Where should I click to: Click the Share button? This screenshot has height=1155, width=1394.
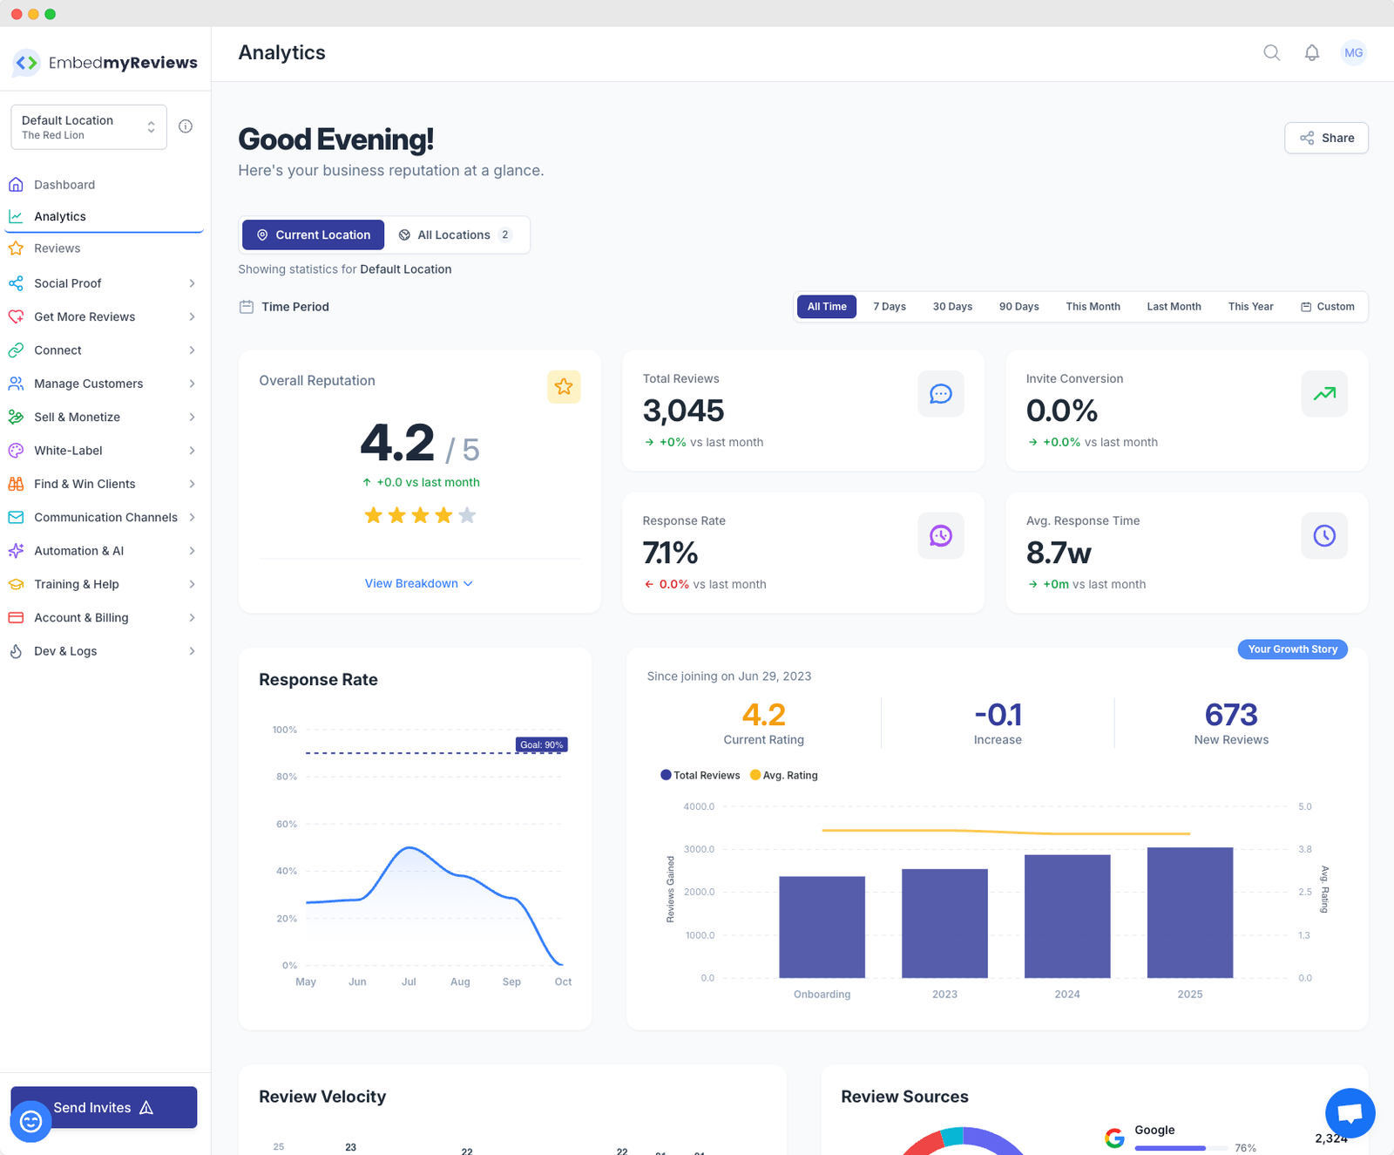[x=1326, y=138]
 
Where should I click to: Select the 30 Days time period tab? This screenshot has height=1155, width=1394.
[x=952, y=307]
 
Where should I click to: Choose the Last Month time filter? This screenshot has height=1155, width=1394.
[x=1174, y=307]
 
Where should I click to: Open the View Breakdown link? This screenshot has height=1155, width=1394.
[x=418, y=583]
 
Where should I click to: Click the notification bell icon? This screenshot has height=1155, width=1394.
[x=1311, y=53]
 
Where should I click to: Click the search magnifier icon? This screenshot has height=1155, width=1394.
[x=1271, y=53]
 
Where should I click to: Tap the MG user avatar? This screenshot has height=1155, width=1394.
[x=1353, y=53]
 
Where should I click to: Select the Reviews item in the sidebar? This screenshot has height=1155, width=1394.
[x=58, y=248]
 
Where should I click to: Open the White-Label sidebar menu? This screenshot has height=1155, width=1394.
[x=68, y=451]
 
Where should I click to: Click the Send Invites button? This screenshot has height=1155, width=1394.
[x=104, y=1107]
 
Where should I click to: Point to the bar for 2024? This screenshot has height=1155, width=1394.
[x=1067, y=916]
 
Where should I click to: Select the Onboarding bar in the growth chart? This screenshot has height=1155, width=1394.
[x=822, y=927]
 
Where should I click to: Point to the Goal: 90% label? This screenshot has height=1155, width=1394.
[x=541, y=744]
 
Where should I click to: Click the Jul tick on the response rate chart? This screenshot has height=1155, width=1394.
[x=409, y=982]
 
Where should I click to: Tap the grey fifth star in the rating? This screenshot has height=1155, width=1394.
[x=467, y=515]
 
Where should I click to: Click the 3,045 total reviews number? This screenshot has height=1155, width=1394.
[x=683, y=411]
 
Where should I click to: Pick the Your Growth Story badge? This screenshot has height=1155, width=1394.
[x=1292, y=649]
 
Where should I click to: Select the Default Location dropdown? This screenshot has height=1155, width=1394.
[x=88, y=127]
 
